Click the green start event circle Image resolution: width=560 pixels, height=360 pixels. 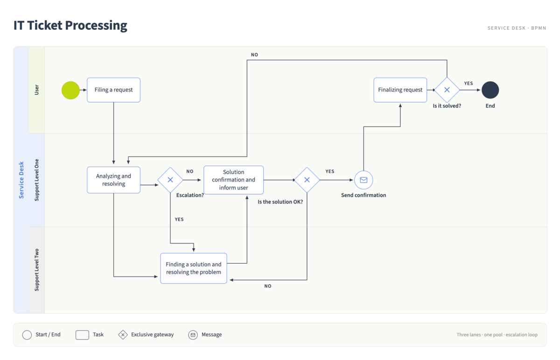click(x=70, y=90)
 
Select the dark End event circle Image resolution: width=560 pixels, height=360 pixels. click(x=490, y=90)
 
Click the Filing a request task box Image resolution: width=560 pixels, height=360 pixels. click(x=113, y=90)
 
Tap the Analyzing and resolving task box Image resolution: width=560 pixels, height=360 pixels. click(x=113, y=180)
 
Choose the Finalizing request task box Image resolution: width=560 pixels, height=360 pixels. click(x=400, y=90)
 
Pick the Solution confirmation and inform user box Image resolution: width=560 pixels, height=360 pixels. click(x=233, y=180)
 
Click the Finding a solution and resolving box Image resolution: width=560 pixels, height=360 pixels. click(x=194, y=268)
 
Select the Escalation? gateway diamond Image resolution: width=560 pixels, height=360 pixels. click(x=170, y=180)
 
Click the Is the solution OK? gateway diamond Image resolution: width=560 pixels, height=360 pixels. click(x=307, y=180)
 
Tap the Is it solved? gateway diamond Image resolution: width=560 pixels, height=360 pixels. click(x=447, y=90)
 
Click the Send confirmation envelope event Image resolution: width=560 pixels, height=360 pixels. click(x=364, y=180)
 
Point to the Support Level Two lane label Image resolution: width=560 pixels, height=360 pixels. click(x=37, y=270)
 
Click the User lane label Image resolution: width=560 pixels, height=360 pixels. click(x=37, y=90)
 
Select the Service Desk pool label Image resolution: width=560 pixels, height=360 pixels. click(x=21, y=180)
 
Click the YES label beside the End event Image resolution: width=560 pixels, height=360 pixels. click(x=469, y=83)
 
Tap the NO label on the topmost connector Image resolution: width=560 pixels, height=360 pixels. click(x=254, y=55)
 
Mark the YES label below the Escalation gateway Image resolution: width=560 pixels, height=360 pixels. click(x=179, y=219)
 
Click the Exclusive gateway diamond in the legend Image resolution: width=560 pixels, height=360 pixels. click(x=123, y=335)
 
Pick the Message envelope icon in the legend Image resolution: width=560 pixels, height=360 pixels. click(x=193, y=335)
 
